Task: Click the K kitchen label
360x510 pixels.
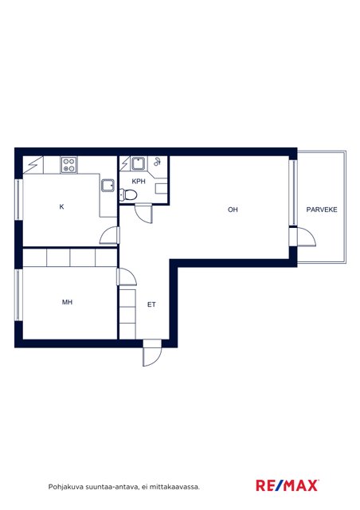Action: pyautogui.click(x=61, y=206)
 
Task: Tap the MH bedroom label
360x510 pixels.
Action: pyautogui.click(x=67, y=302)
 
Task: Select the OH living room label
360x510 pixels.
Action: pyautogui.click(x=233, y=210)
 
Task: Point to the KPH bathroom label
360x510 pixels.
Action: pyautogui.click(x=139, y=181)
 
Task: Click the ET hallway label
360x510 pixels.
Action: pyautogui.click(x=151, y=304)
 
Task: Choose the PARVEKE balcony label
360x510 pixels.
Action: pyautogui.click(x=322, y=210)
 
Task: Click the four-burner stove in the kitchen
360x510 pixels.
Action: pyautogui.click(x=69, y=165)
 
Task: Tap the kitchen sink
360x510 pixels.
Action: pyautogui.click(x=108, y=186)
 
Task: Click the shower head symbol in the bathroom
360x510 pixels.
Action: pyautogui.click(x=158, y=162)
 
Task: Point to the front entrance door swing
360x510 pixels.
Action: pyautogui.click(x=152, y=353)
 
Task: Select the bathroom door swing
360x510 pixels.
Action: pyautogui.click(x=143, y=214)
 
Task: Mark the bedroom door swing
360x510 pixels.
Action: pyautogui.click(x=127, y=277)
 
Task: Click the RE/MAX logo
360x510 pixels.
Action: pyautogui.click(x=288, y=485)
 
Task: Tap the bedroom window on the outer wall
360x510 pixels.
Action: pyautogui.click(x=18, y=295)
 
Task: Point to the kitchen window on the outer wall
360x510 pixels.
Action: pyautogui.click(x=18, y=199)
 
